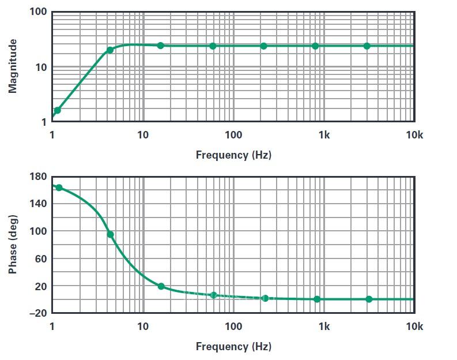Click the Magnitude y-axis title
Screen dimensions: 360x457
13,66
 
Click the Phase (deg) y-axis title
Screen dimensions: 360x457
13,244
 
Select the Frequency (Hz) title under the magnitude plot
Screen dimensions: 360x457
233,155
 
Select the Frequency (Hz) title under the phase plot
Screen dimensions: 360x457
233,347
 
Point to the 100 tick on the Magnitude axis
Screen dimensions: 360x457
38,12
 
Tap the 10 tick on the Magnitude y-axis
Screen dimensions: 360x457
41,67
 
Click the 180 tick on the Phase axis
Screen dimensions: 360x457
37,177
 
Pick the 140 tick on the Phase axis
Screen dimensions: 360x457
37,204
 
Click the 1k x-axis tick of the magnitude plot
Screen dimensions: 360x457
324,135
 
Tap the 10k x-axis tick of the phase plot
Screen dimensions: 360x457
414,327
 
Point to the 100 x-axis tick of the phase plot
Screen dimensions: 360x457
233,327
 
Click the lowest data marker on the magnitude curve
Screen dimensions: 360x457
58,110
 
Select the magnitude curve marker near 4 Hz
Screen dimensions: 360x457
110,50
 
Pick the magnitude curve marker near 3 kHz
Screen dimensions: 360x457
367,46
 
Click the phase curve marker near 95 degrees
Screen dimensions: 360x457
110,234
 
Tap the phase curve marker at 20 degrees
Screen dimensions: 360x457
161,286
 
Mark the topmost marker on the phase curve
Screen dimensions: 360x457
59,187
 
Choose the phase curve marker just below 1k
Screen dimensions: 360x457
317,299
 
